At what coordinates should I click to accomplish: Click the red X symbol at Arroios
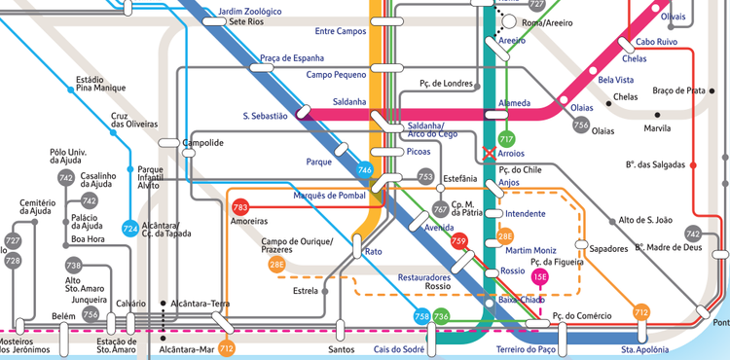tap(490, 153)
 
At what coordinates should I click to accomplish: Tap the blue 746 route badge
tap(365, 170)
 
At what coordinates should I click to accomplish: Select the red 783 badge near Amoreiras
tap(240, 207)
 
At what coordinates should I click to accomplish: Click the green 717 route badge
tap(506, 139)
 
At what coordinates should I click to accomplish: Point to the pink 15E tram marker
tap(539, 278)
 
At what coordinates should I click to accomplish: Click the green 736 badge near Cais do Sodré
tap(441, 316)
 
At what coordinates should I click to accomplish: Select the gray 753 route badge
tap(425, 176)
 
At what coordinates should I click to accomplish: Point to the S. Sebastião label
tap(265, 116)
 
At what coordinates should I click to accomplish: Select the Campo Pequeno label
tap(336, 74)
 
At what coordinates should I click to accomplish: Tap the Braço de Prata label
tap(678, 90)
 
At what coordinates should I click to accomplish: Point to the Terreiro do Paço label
tap(525, 348)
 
